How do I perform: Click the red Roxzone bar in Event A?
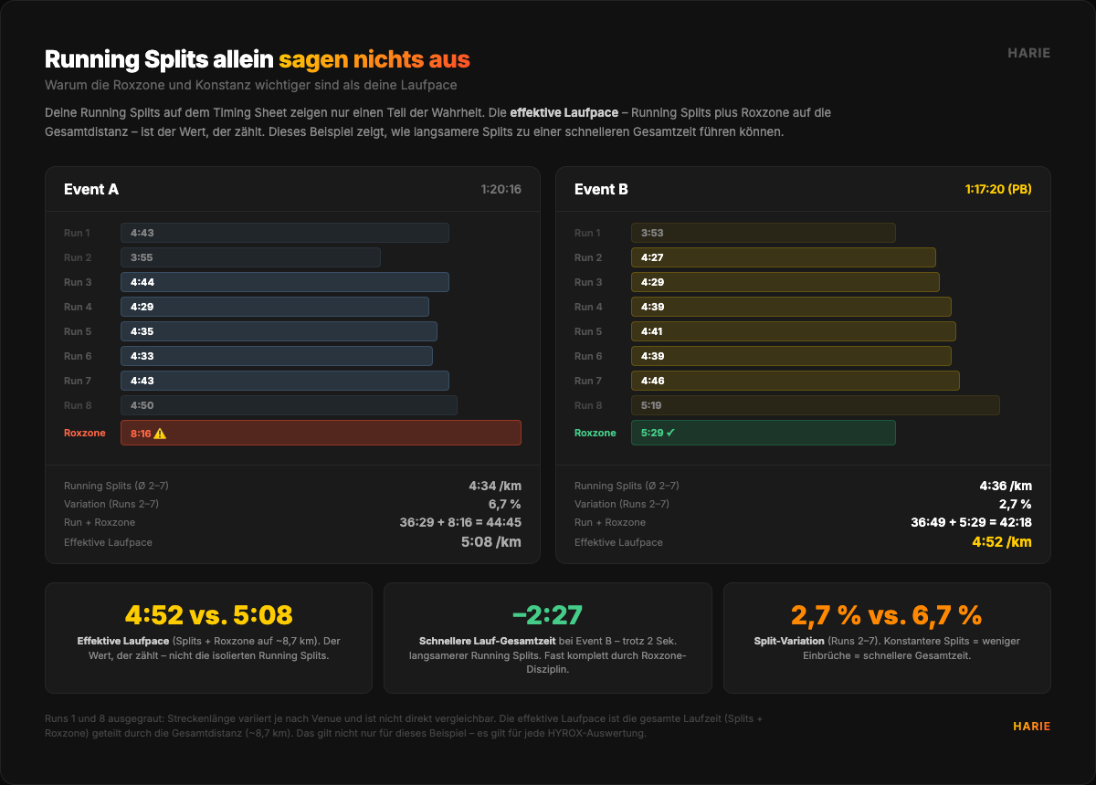[x=321, y=433]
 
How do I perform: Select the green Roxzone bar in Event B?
[x=763, y=433]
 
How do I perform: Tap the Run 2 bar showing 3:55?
[x=250, y=257]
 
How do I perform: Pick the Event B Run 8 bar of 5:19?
[x=815, y=405]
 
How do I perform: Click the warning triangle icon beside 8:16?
[x=161, y=434]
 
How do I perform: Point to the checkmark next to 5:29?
[x=670, y=433]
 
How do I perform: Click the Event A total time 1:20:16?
[x=501, y=190]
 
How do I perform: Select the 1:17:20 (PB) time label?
[x=998, y=190]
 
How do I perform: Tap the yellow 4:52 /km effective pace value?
[x=1002, y=542]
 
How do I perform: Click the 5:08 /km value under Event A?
[x=491, y=542]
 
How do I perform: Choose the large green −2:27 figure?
[x=547, y=615]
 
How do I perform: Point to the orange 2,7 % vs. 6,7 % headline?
[x=886, y=615]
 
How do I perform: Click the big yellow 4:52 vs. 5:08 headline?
[x=208, y=615]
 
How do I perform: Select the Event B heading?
[x=601, y=190]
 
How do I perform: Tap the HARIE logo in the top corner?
[x=1028, y=53]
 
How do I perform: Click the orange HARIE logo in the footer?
[x=1031, y=727]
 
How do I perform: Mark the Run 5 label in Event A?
[x=78, y=331]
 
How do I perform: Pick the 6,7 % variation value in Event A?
[x=504, y=504]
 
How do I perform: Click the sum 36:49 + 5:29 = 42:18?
[x=971, y=523]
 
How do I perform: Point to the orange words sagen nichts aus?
[x=374, y=60]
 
